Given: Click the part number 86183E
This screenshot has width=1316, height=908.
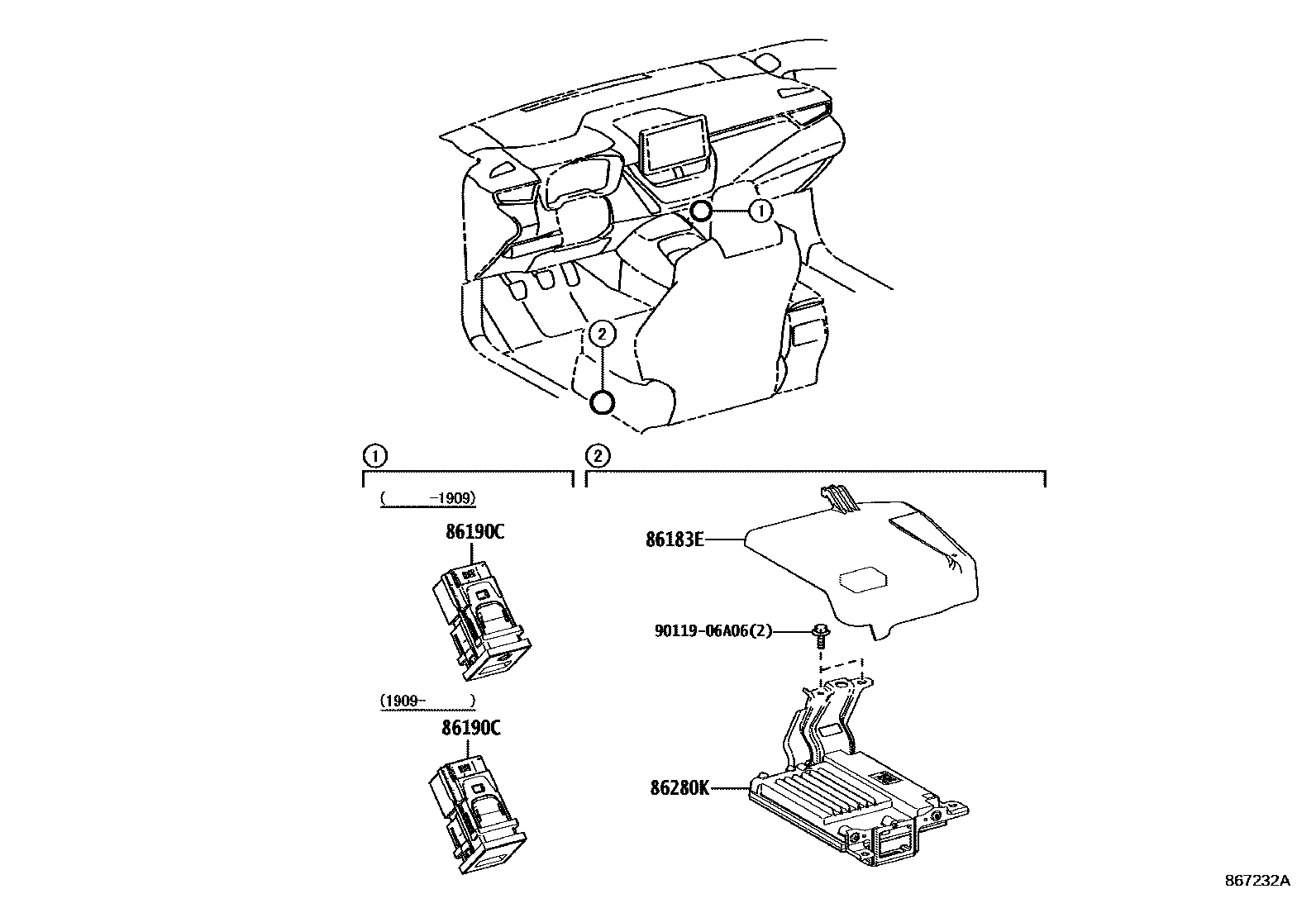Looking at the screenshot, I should pos(675,540).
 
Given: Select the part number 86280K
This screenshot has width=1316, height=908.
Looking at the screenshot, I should pos(679,788).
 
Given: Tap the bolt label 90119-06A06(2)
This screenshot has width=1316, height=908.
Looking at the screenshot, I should pos(712,632).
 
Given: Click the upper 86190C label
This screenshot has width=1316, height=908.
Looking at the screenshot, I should pos(474,532).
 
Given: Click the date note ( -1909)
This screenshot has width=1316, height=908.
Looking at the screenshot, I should pos(428,498).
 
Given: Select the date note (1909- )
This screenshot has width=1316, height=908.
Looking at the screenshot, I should pos(427,701).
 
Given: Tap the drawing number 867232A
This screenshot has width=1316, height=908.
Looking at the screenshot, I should pos(1256,881).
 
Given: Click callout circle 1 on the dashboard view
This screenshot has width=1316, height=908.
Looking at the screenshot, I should pos(760,211).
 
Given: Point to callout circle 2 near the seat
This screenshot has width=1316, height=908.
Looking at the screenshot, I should pos(602,334).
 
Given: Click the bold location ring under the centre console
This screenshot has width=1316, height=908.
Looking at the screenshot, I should pos(701,211).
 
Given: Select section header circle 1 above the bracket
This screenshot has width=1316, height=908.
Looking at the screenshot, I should pos(374,454).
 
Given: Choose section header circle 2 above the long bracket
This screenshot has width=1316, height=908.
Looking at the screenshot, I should pos(597,454).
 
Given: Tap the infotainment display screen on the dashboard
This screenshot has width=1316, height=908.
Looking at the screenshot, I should pos(675,149).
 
